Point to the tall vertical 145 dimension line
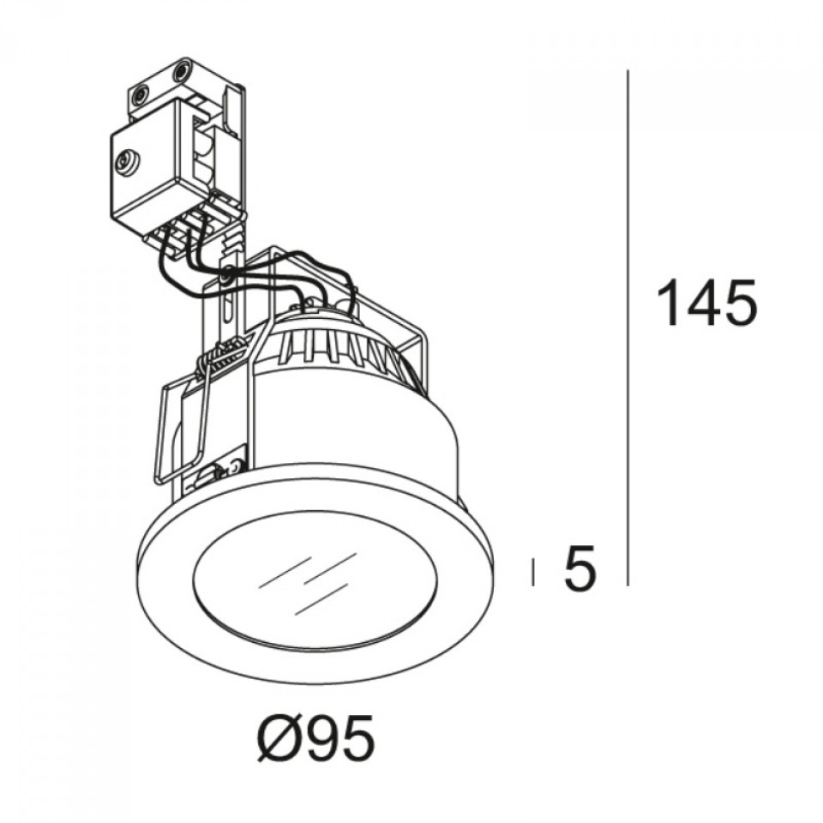tap(630, 326)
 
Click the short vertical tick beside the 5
tap(534, 572)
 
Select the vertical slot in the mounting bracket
tap(226, 313)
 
